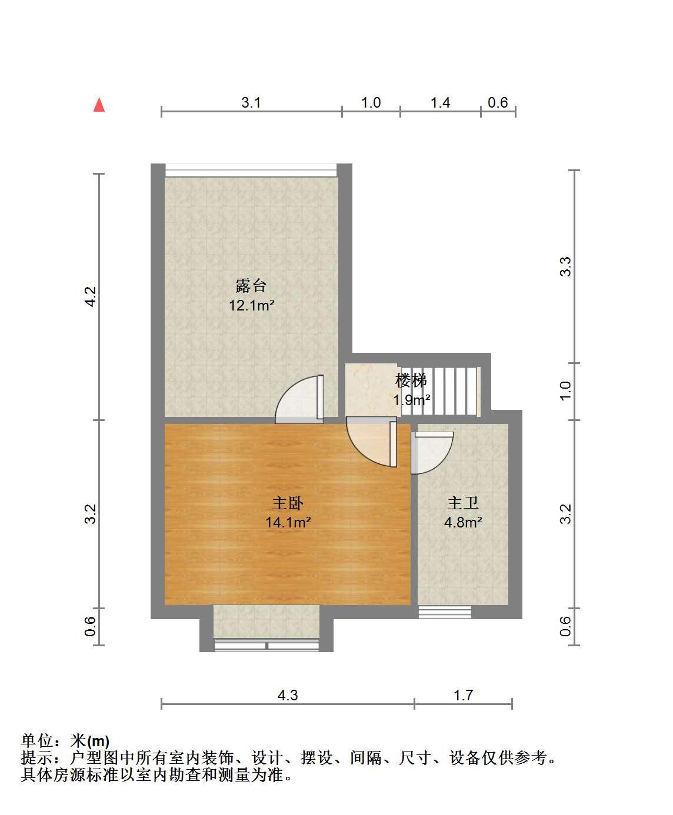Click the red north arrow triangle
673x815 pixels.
point(99,105)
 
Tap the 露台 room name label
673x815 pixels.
point(251,285)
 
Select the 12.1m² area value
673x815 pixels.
point(252,305)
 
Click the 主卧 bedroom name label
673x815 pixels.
point(288,503)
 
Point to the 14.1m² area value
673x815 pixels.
point(288,522)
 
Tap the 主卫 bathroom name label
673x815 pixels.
point(463,503)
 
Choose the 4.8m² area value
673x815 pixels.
point(463,522)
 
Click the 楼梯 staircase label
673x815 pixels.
point(411,380)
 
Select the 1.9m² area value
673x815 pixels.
point(412,400)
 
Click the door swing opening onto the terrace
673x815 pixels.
point(299,399)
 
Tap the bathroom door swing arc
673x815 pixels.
point(432,452)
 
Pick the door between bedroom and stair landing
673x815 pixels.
point(371,442)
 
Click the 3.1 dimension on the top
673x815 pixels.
point(251,103)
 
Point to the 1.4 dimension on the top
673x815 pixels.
point(440,103)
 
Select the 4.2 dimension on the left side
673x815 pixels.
point(90,296)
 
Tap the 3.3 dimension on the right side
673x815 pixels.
point(565,266)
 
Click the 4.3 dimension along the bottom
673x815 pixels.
point(288,695)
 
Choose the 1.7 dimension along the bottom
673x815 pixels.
point(463,695)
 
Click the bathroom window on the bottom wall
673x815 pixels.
point(445,612)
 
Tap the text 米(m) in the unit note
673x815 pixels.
point(90,741)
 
